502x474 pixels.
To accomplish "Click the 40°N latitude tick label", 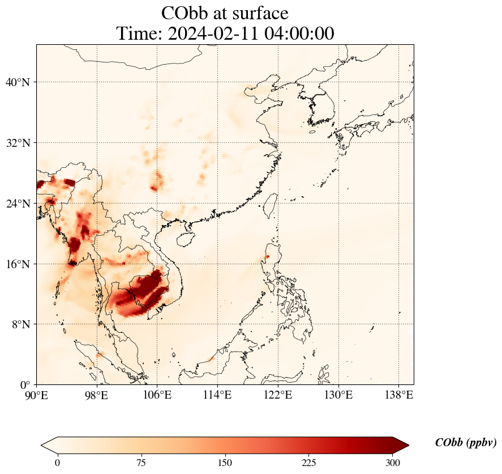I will coord(18,83).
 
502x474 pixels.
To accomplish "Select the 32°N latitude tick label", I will coord(18,143).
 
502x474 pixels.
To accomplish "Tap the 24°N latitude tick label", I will coord(18,204).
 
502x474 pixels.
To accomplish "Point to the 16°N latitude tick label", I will coord(18,264).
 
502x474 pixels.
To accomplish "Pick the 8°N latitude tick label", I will coord(20,324).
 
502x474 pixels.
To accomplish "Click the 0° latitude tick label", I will coord(25,385).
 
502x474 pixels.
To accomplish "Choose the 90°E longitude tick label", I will coord(37,395).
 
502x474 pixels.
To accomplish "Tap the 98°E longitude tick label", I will coord(97,395).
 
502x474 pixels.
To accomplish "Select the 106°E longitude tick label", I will coord(157,395).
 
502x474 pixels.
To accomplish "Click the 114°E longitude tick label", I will coord(217,395).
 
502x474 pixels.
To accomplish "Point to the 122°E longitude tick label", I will coord(278,395).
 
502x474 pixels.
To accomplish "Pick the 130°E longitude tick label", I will coord(338,395).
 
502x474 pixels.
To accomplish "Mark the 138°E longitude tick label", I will coord(398,395).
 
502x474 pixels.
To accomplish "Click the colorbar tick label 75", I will coord(141,463).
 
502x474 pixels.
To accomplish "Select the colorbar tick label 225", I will coord(309,463).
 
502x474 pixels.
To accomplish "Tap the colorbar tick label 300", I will coord(393,463).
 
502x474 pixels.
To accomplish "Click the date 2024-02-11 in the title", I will coord(212,33).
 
